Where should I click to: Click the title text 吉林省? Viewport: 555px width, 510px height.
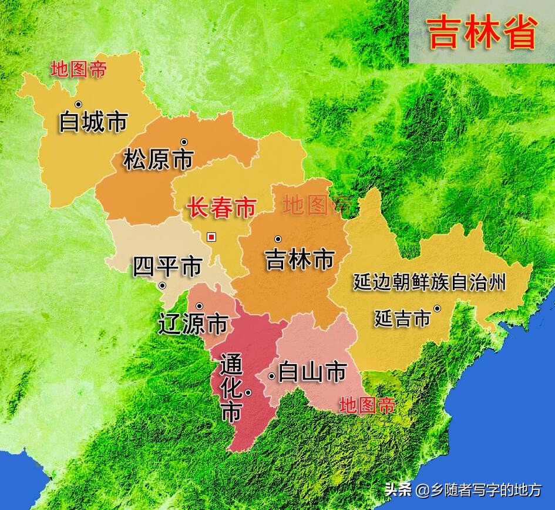tap(482, 32)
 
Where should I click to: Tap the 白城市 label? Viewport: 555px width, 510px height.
tap(93, 122)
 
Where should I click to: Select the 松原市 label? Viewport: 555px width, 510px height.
tap(159, 159)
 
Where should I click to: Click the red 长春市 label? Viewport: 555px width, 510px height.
tap(221, 207)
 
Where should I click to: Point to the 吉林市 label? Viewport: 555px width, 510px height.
tap(300, 259)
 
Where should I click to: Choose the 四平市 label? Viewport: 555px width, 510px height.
tap(167, 266)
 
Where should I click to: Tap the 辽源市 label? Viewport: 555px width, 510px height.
tap(193, 323)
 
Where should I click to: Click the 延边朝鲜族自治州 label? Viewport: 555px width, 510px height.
tap(429, 282)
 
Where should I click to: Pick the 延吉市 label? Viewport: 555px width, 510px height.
tap(402, 319)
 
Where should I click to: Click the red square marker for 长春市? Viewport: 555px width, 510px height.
tap(212, 237)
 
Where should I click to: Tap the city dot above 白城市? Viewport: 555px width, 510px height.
tap(78, 104)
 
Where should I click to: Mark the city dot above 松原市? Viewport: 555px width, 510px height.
tap(184, 142)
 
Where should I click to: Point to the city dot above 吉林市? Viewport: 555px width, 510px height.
tap(278, 239)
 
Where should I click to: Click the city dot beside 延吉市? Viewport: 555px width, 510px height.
tap(437, 308)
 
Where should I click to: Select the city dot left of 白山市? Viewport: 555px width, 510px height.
tap(271, 376)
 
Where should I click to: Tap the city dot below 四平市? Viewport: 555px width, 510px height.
tap(162, 286)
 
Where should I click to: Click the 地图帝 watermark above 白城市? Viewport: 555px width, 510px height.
tap(79, 69)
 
